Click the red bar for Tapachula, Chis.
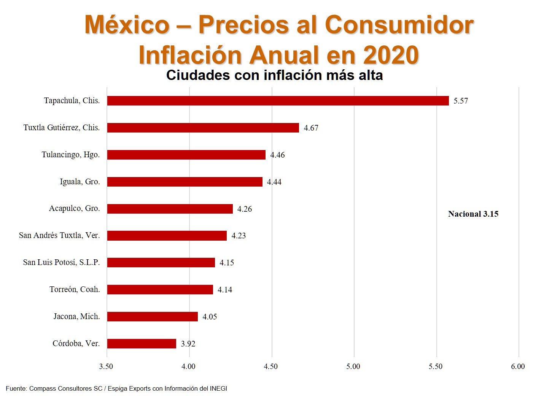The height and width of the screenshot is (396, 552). (278, 101)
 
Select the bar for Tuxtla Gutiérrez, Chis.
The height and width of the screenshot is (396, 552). (203, 128)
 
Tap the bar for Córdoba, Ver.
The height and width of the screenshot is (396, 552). (142, 344)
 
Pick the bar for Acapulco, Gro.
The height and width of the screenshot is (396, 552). (170, 209)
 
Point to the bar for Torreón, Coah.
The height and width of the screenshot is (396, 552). (160, 290)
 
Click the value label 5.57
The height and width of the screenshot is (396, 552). (461, 101)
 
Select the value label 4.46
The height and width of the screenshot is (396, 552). (277, 155)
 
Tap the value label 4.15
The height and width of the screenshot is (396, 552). (227, 263)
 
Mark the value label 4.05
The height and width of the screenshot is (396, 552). (210, 317)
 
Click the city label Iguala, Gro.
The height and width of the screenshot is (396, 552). (80, 182)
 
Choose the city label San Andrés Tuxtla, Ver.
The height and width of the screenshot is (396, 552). (59, 235)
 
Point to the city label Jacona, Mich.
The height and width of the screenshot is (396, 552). (76, 316)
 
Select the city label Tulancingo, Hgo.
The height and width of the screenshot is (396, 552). (71, 155)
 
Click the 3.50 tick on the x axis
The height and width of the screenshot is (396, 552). (106, 366)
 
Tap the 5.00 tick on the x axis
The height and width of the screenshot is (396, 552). (353, 366)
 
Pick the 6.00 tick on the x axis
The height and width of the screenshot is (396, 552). (518, 366)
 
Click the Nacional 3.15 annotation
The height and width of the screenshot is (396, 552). (473, 214)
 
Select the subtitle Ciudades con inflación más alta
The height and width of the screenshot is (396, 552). (274, 75)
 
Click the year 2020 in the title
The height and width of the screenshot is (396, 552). (391, 55)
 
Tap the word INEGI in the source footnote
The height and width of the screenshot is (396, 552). (218, 388)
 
